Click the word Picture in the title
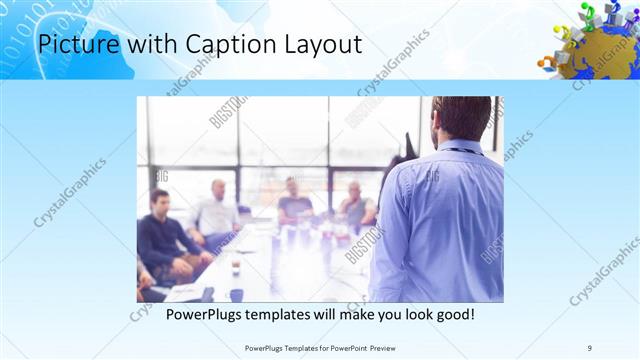coord(71,45)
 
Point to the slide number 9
coord(590,347)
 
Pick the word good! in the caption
coord(451,314)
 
